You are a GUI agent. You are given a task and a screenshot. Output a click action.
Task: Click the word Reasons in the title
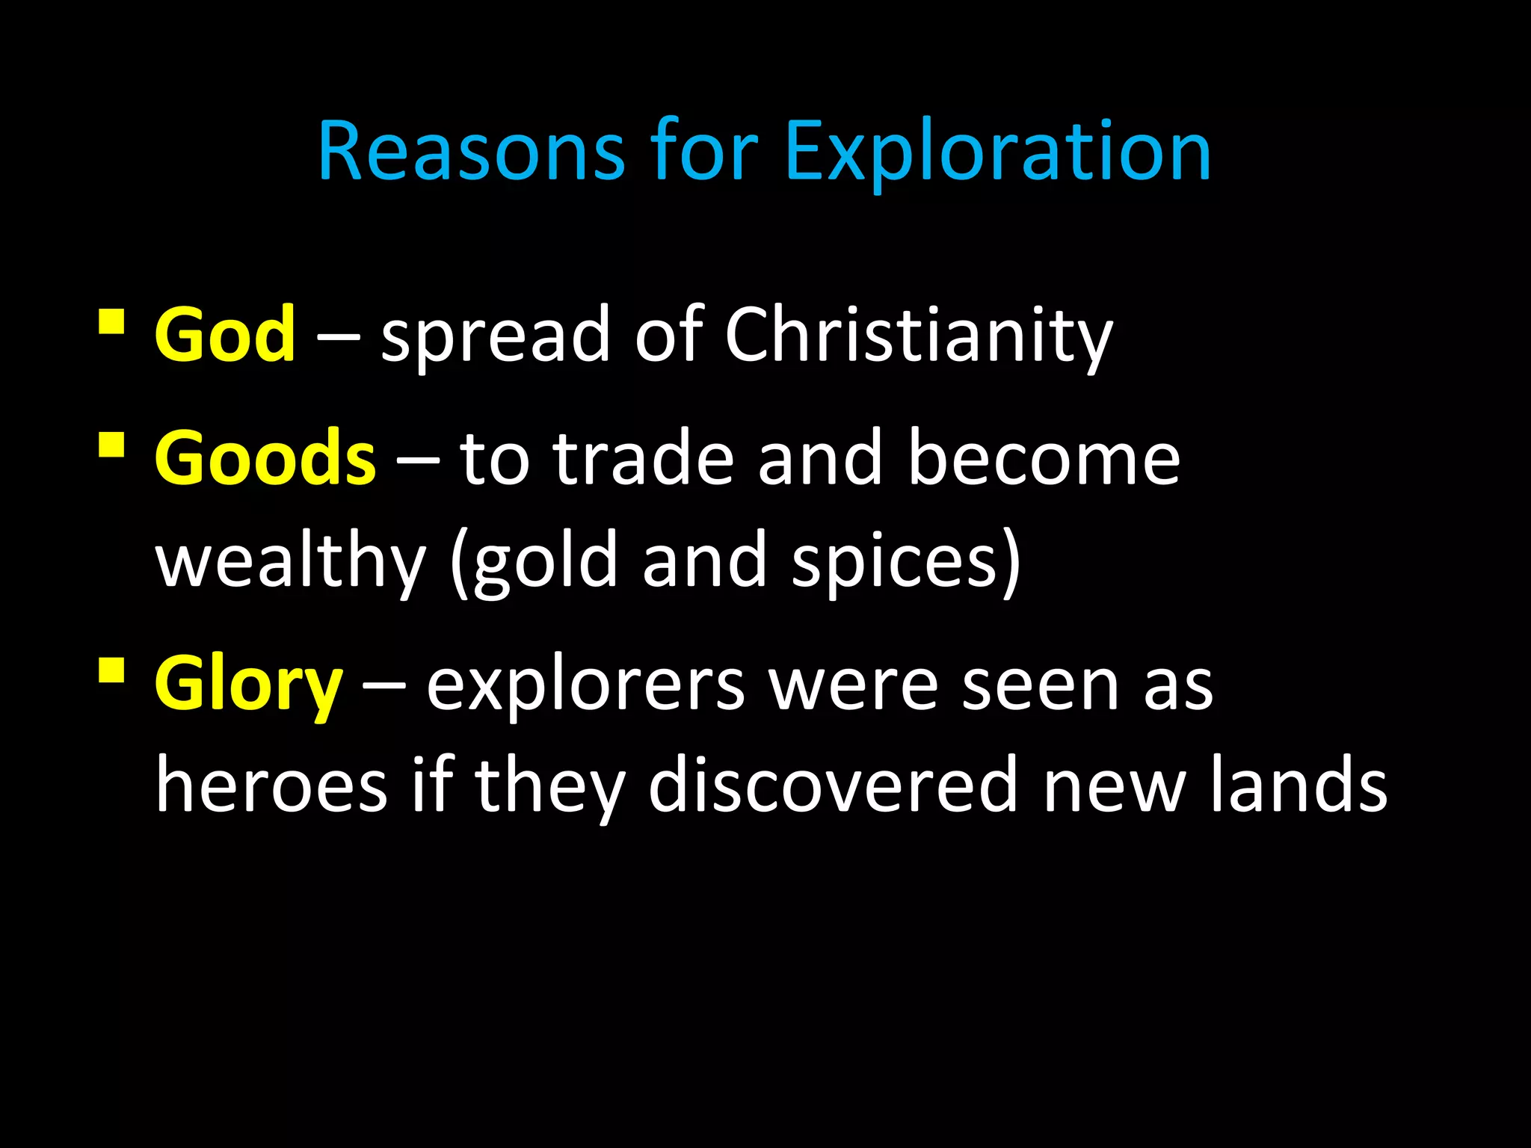point(471,152)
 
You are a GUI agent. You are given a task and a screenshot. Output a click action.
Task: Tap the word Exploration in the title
point(997,152)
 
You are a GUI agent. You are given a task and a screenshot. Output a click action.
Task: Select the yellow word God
point(225,334)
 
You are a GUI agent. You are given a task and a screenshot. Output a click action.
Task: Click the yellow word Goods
point(265,457)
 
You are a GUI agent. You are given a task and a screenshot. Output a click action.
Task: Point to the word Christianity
point(918,336)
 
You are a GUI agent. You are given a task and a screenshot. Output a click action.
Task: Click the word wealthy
point(291,561)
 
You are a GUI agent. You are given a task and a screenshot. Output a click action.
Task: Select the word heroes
point(271,785)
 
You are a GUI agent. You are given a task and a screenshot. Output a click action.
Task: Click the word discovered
point(833,785)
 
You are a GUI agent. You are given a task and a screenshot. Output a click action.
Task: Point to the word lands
point(1299,785)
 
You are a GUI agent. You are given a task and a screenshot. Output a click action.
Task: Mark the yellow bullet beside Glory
point(111,670)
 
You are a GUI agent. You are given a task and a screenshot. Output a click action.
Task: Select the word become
point(1044,457)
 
